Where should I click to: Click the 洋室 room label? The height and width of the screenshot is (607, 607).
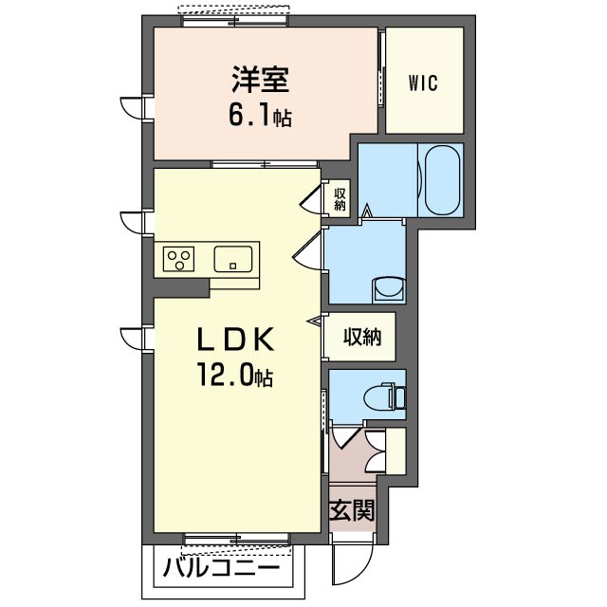coord(261,80)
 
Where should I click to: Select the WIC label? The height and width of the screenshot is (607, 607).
coord(424,83)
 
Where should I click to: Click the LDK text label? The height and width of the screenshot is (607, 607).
coord(236,340)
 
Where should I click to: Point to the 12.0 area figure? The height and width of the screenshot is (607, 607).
coord(226,375)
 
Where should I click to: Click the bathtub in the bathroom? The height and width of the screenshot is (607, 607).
coord(442,180)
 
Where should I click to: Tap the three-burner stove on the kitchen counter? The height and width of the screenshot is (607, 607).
coord(178,259)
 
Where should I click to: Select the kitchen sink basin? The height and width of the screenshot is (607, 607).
coord(233,259)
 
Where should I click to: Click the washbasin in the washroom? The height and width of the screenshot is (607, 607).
coord(388,289)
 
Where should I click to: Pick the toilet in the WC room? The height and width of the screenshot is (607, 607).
coord(384,395)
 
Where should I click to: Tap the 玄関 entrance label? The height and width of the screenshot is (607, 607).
coord(352,510)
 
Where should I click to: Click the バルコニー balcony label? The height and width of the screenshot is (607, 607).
coord(221,569)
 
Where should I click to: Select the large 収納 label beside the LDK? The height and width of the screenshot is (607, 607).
coord(362,337)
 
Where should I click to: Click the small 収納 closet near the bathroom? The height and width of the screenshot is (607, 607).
coord(340,198)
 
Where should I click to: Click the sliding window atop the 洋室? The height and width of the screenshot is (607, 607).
coord(234,21)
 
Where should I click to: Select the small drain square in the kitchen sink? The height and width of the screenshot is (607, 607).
coord(232,266)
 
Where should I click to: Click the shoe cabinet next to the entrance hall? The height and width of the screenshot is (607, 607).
coord(395,451)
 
